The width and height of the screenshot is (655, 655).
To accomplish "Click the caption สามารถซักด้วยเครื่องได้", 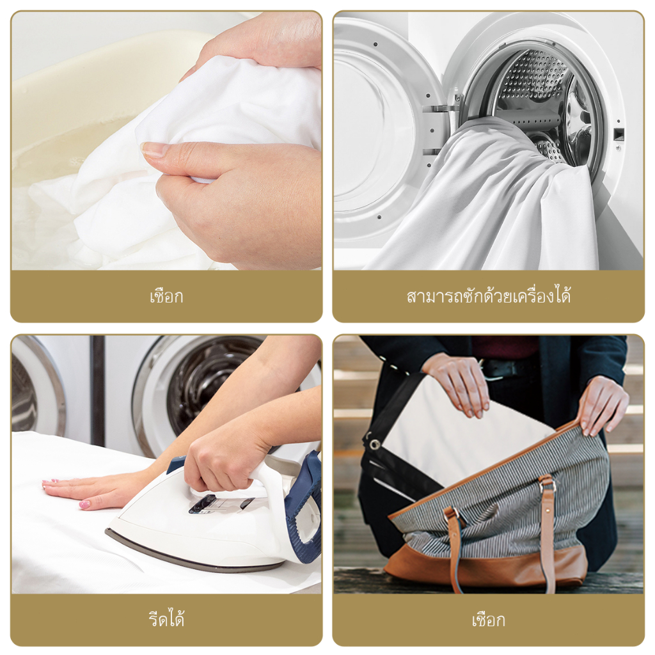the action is (488, 296).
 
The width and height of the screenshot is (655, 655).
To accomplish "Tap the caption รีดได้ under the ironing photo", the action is (166, 619).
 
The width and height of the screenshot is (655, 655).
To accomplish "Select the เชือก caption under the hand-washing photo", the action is (166, 296).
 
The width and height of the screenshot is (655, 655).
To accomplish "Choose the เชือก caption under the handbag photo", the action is (488, 620).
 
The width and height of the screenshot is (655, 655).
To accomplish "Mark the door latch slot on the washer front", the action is (619, 134).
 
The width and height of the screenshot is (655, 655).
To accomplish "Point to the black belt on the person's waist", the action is (505, 368).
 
